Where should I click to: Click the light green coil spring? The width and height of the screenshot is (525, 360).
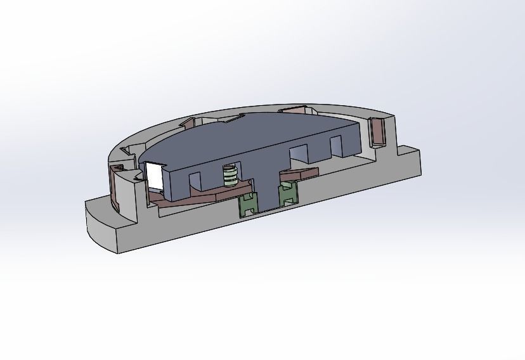tap(230, 176)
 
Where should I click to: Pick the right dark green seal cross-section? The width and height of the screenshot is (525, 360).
tap(288, 192)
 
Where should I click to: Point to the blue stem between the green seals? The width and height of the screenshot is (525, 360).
tap(267, 193)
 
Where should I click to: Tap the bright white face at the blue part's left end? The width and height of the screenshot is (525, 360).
tap(155, 177)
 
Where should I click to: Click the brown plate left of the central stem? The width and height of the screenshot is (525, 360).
tap(190, 200)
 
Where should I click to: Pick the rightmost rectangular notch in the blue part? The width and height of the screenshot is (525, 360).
tap(337, 147)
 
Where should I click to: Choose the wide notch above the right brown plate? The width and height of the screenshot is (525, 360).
tap(298, 156)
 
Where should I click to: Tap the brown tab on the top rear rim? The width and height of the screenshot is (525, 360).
tap(295, 110)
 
